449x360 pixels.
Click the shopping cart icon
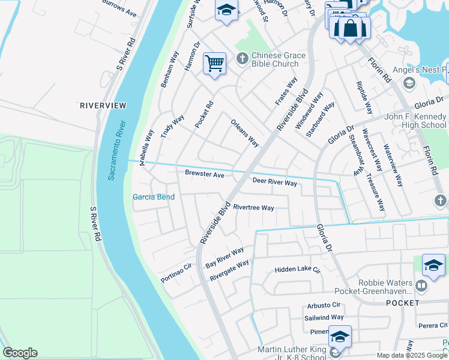click(x=214, y=63)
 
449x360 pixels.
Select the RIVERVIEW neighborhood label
click(x=103, y=106)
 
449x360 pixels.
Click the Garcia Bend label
click(x=153, y=197)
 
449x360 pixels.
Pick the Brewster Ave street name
click(x=204, y=174)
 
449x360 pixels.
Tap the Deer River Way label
click(x=274, y=182)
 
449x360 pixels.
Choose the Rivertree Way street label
click(x=253, y=208)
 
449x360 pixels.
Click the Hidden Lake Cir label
click(x=298, y=270)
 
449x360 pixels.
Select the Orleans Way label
click(x=245, y=133)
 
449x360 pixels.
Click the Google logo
click(x=20, y=353)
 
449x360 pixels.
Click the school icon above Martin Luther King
click(x=339, y=337)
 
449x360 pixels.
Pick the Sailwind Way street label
click(x=324, y=317)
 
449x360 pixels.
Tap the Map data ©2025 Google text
click(x=412, y=355)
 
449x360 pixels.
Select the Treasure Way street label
click(x=376, y=193)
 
